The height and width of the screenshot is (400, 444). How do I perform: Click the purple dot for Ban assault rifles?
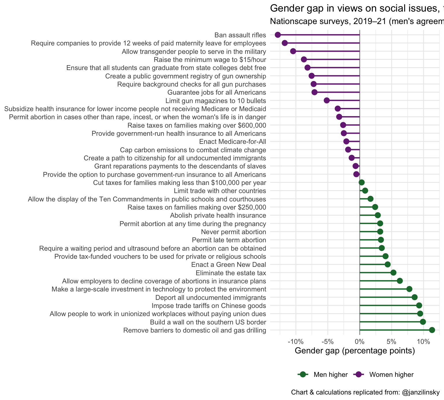(278, 35)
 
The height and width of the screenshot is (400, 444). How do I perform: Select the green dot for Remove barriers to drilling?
(432, 330)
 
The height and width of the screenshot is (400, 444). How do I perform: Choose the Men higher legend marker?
(302, 375)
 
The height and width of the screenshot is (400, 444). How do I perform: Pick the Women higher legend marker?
(358, 375)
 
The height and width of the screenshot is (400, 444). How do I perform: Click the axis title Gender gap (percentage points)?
(355, 351)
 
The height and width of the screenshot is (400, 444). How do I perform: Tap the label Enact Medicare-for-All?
(232, 142)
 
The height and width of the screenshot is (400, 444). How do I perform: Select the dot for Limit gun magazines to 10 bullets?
(327, 100)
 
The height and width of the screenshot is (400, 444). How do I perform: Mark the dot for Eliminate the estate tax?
(393, 273)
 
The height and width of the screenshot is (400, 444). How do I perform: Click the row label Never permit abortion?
(233, 232)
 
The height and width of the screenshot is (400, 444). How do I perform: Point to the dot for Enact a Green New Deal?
(388, 264)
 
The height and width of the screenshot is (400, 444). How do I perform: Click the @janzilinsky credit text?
(421, 392)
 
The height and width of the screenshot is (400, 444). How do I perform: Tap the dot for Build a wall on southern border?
(423, 322)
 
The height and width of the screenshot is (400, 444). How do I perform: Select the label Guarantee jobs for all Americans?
(217, 92)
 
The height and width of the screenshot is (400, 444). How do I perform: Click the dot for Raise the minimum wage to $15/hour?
(304, 59)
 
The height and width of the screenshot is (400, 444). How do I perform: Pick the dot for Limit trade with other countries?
(365, 190)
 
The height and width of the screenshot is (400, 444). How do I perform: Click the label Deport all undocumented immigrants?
(210, 298)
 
